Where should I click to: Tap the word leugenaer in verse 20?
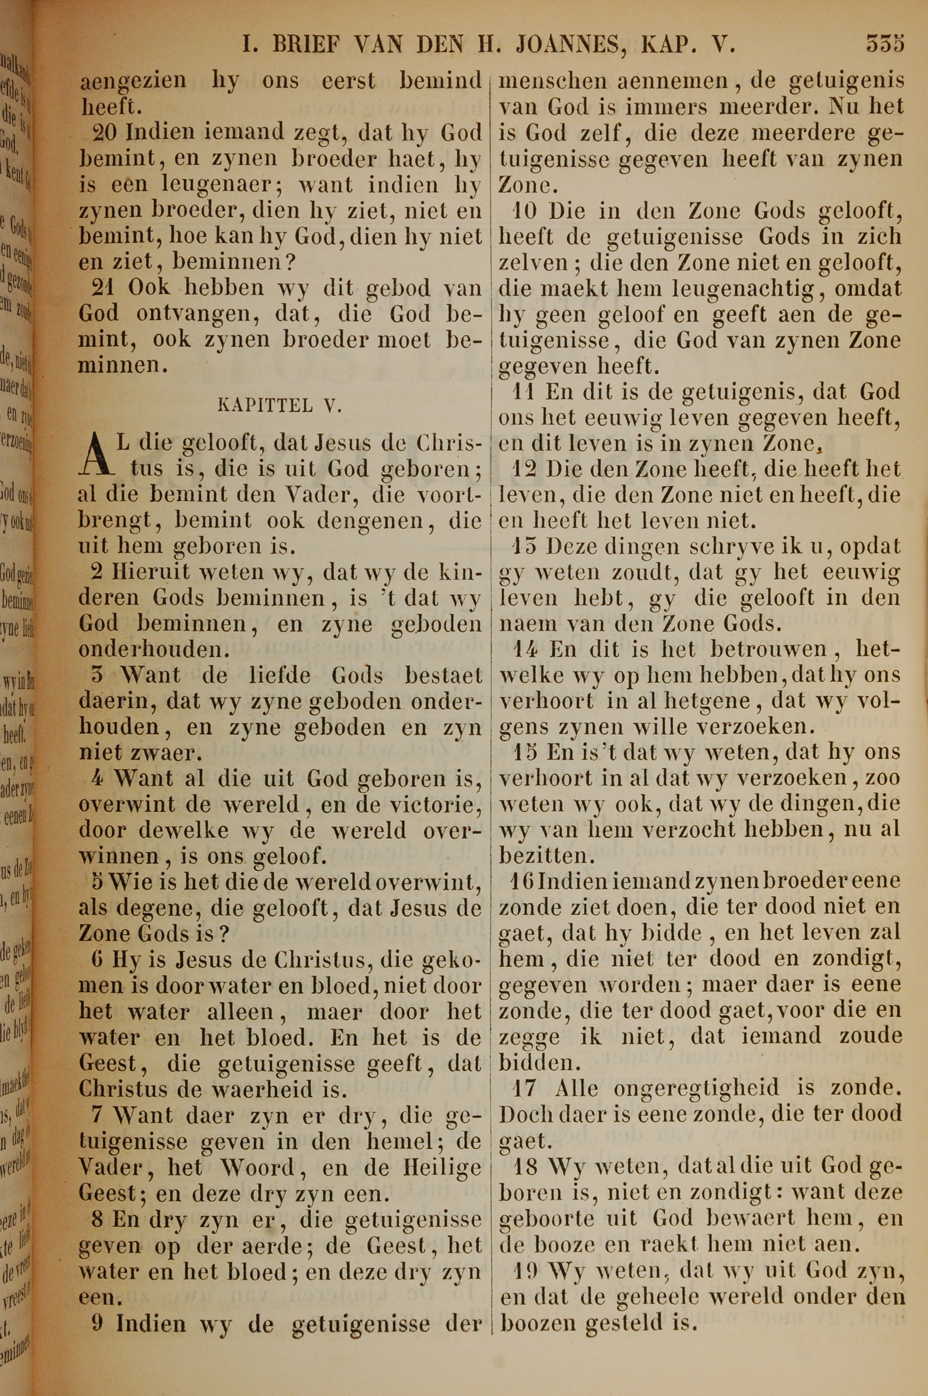tap(191, 185)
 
